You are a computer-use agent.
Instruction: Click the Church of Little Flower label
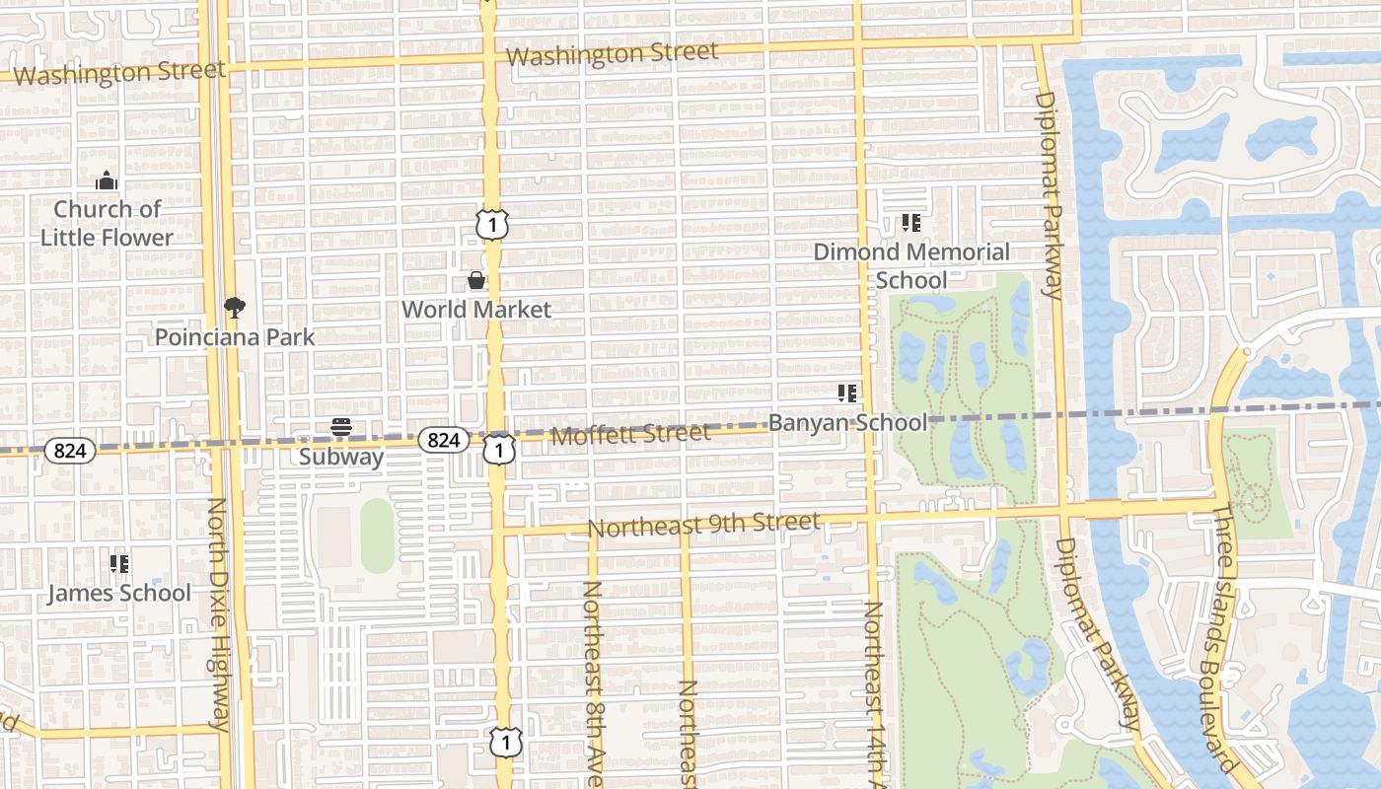tap(107, 223)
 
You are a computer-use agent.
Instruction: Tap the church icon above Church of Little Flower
tap(107, 181)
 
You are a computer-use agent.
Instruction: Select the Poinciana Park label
tap(235, 337)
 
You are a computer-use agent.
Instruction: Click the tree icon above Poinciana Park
tap(235, 308)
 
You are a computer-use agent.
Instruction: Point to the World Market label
tap(475, 310)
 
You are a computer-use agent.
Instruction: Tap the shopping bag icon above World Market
tap(476, 281)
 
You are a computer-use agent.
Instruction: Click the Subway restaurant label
tap(341, 457)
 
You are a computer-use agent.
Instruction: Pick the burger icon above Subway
tap(341, 428)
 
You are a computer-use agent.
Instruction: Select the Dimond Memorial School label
tap(911, 266)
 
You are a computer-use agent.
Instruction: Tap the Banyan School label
tap(847, 423)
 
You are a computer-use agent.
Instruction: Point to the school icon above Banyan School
tap(847, 394)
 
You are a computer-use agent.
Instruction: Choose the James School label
tap(119, 594)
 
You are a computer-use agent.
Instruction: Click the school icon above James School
tap(119, 565)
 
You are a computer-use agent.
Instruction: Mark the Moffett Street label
tap(630, 434)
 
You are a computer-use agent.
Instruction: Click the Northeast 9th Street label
tap(703, 525)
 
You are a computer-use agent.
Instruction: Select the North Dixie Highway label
tap(219, 615)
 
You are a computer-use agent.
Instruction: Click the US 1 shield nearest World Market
tap(492, 225)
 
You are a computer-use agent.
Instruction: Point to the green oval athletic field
tap(377, 536)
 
